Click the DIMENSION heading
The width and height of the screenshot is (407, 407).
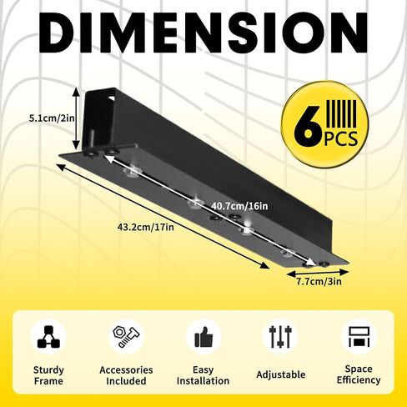(203, 33)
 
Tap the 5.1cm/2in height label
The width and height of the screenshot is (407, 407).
(52, 118)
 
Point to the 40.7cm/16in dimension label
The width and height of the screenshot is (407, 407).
(239, 206)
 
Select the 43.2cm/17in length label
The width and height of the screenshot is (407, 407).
(145, 227)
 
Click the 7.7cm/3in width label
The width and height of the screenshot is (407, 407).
(319, 282)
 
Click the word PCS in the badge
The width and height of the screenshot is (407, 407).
(341, 138)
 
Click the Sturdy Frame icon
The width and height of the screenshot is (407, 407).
(48, 337)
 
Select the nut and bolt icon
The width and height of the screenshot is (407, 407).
(126, 337)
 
